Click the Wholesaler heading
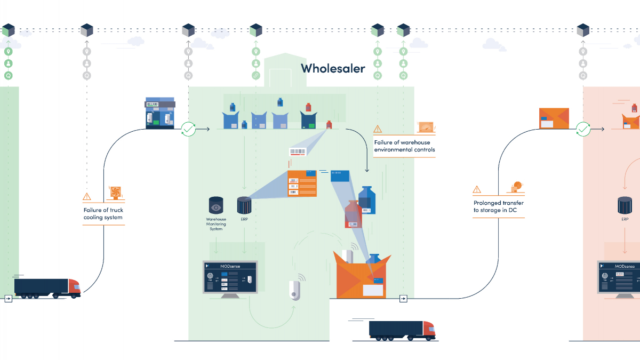coord(333,68)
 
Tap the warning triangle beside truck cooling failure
coord(87,197)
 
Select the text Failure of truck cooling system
coord(103,214)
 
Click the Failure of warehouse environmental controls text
coord(404,146)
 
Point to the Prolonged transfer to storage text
coord(498,206)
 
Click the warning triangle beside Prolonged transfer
coord(477,189)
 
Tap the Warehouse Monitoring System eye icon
coord(216,205)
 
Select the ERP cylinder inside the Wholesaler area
coord(244,205)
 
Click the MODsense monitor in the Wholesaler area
coord(230,277)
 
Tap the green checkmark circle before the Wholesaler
coord(188,129)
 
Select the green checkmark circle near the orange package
coord(583,129)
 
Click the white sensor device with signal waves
coord(294,290)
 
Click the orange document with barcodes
coord(301,183)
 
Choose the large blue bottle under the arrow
coord(367,200)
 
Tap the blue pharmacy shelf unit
coord(160,113)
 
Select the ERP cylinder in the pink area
coord(625,205)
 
